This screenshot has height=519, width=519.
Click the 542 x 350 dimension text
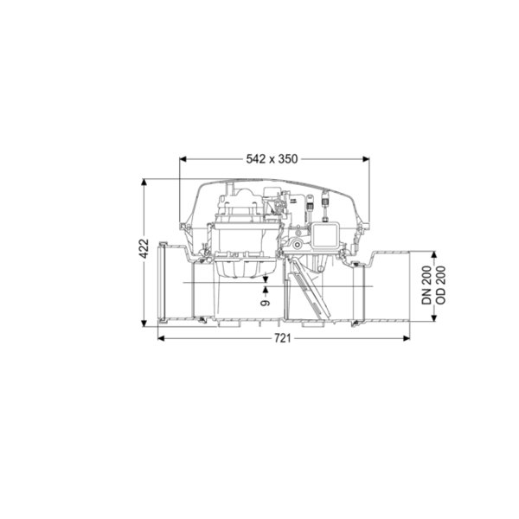coord(272,159)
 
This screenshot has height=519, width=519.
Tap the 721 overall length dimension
coord(283,338)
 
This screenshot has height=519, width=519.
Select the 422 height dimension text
coord(144,249)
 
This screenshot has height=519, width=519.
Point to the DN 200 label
coord(426,285)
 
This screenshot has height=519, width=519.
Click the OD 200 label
coord(441,285)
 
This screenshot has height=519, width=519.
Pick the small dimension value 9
coord(266,303)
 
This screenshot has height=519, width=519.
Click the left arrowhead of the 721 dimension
coord(161,338)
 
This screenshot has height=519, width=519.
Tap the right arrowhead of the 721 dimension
coord(407,338)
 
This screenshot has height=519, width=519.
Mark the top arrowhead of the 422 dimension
coord(144,183)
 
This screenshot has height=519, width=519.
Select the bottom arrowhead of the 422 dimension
coord(144,323)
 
